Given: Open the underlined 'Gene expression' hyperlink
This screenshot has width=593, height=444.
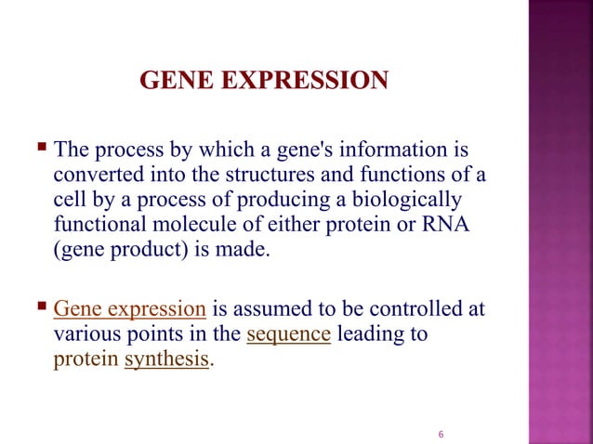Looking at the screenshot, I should tap(130, 309).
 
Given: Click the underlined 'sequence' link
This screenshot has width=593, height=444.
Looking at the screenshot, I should tap(290, 334).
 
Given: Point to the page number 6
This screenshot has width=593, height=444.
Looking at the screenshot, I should tap(441, 434).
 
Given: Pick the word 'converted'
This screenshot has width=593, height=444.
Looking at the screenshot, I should tap(96, 175).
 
